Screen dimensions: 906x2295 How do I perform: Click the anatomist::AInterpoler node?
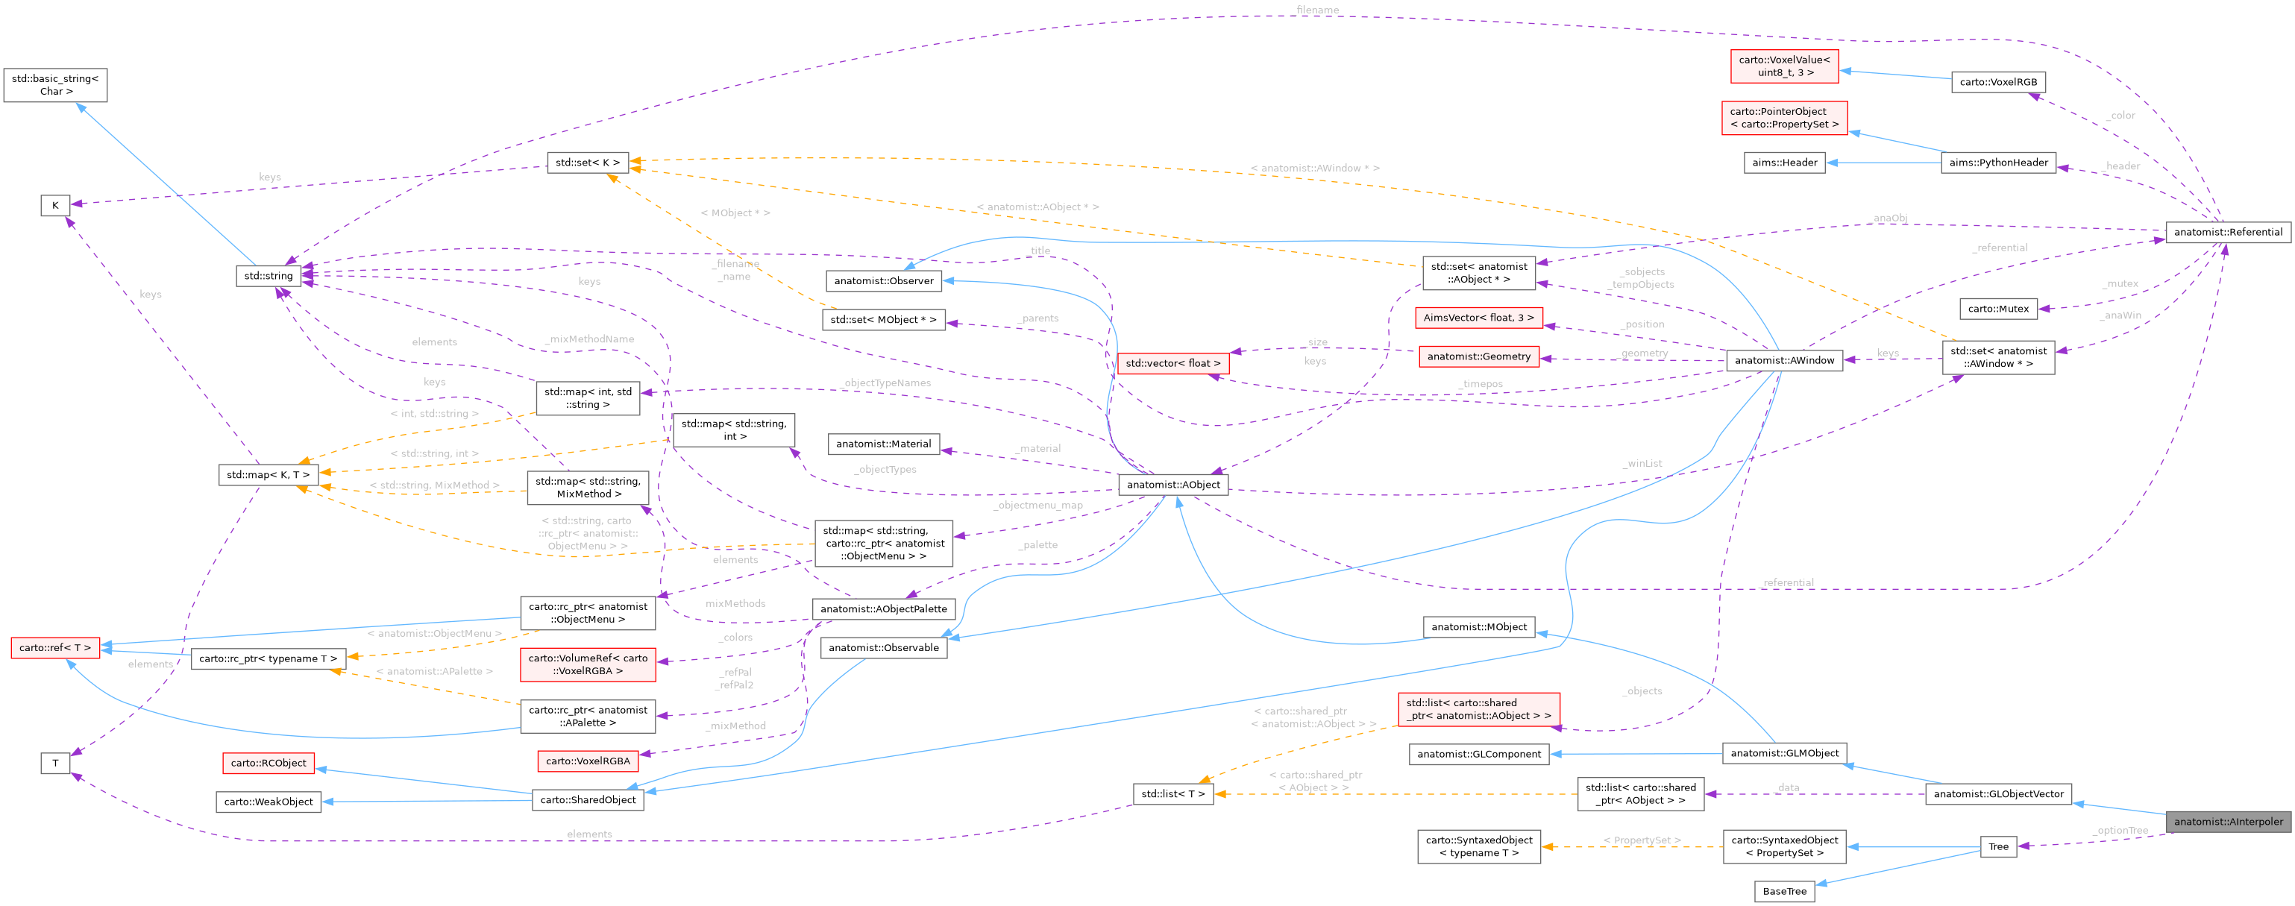coord(2227,822)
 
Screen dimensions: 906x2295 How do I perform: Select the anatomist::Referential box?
coord(2227,232)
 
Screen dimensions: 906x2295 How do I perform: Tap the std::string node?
coord(269,275)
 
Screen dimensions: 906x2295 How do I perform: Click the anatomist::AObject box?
coord(1172,485)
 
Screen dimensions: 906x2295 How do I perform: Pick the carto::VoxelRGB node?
coord(1997,82)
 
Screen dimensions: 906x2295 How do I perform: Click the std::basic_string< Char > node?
coord(55,84)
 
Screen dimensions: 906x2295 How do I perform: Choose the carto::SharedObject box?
coord(588,799)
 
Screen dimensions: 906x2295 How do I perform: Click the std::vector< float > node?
coord(1172,362)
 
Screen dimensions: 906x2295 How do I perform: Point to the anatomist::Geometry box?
coord(1478,356)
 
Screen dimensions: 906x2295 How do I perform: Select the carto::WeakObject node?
coord(269,802)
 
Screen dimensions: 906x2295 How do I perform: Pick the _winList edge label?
coord(1642,463)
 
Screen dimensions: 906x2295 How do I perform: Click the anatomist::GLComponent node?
coord(1478,754)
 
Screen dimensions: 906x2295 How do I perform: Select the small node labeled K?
coord(55,205)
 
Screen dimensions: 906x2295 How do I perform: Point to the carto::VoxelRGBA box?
coord(587,761)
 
